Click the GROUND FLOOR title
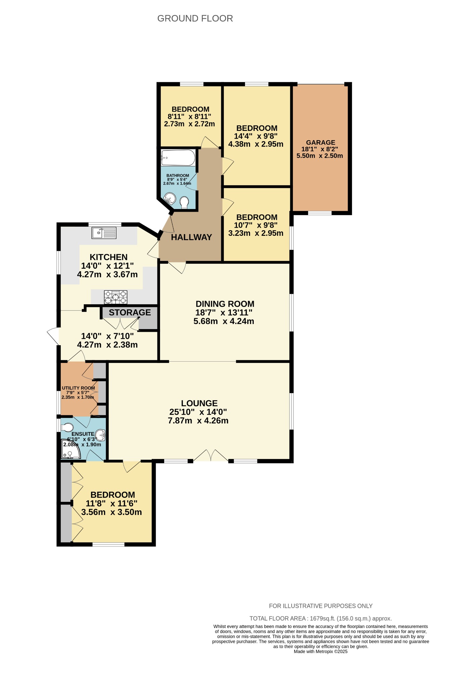click(x=195, y=18)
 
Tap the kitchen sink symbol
click(x=104, y=232)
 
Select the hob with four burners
click(x=116, y=297)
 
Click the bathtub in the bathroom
click(x=178, y=158)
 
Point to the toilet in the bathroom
click(x=184, y=202)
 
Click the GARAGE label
click(x=320, y=142)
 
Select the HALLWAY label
click(x=191, y=237)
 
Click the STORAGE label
click(x=130, y=312)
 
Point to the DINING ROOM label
click(x=225, y=304)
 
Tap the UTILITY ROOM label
click(x=78, y=388)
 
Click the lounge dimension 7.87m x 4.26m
click(x=198, y=421)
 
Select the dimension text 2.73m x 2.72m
click(x=189, y=124)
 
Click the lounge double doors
click(x=210, y=456)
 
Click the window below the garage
click(x=320, y=213)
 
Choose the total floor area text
click(x=320, y=618)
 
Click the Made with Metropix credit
click(x=320, y=651)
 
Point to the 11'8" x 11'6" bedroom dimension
click(x=111, y=503)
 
